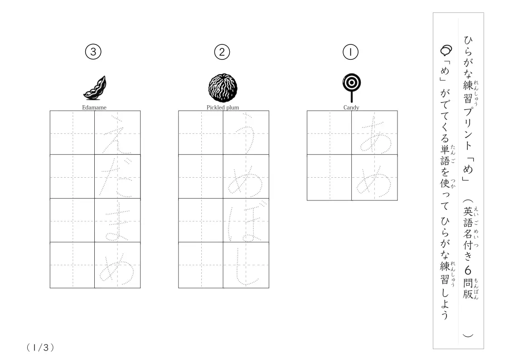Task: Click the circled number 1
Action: pos(350,52)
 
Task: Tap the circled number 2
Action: pos(222,52)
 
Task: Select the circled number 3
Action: pos(93,52)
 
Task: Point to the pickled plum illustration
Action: pos(223,88)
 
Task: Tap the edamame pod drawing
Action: pos(95,88)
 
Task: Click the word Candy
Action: pos(351,107)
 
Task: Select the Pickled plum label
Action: pos(223,107)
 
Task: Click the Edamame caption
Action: pos(94,107)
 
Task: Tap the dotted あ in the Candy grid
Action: pos(375,134)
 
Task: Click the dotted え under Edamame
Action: pos(117,134)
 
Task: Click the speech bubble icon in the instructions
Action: pos(446,50)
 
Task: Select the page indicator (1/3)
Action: pos(40,348)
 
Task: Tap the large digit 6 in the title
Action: pos(468,270)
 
